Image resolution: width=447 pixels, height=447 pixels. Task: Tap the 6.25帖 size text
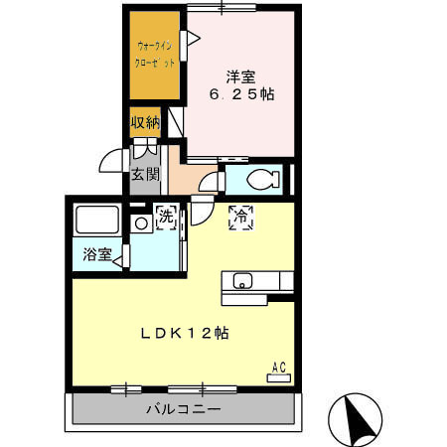[x=240, y=94]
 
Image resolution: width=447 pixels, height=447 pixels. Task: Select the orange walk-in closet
[x=154, y=56]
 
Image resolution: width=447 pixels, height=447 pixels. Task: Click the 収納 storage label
[x=145, y=123]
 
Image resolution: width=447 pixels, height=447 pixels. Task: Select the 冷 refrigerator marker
[x=241, y=219]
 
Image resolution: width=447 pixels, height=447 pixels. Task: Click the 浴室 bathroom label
[x=96, y=254]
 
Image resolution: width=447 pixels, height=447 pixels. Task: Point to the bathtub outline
[x=97, y=220]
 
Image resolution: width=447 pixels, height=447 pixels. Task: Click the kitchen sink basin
[x=241, y=281]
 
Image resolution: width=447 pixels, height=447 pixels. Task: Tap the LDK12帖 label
[x=183, y=333]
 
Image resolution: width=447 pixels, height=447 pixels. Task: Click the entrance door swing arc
[x=112, y=161]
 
